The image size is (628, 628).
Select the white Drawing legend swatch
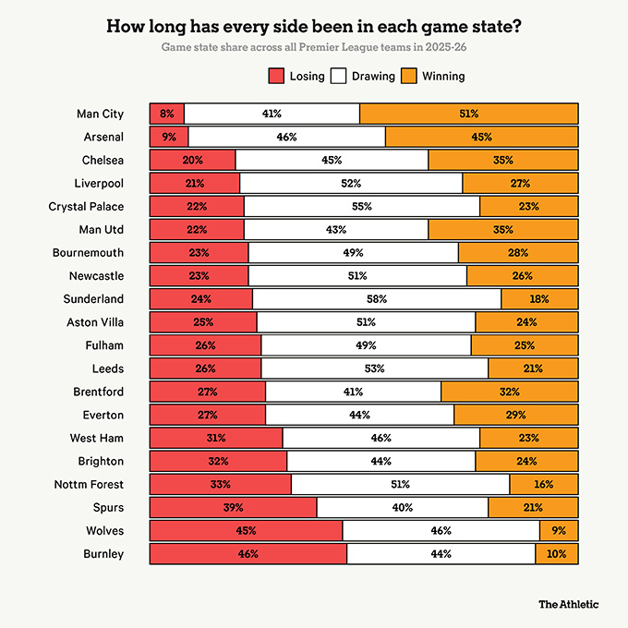coord(338,76)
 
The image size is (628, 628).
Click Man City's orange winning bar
coord(468,114)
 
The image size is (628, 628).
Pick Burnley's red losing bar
coord(248,554)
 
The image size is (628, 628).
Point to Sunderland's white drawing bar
coord(376,299)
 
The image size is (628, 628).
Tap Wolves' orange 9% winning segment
coord(559,531)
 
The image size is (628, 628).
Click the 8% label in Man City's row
coord(167,114)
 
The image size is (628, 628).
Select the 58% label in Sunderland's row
coord(376,299)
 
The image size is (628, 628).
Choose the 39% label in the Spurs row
coord(233,508)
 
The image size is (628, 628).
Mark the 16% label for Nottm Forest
coord(544,484)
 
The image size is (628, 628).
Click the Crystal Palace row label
coord(86,206)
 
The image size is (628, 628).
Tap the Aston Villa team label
coord(95,322)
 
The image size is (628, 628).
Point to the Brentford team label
coord(99,392)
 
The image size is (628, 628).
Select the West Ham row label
coord(97,438)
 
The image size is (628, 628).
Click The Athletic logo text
coord(568,604)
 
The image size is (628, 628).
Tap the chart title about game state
coord(314,26)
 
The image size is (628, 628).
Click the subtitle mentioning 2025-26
coord(314,46)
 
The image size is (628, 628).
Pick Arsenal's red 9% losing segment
coord(169,137)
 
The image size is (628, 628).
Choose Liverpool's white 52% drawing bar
coord(351,183)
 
